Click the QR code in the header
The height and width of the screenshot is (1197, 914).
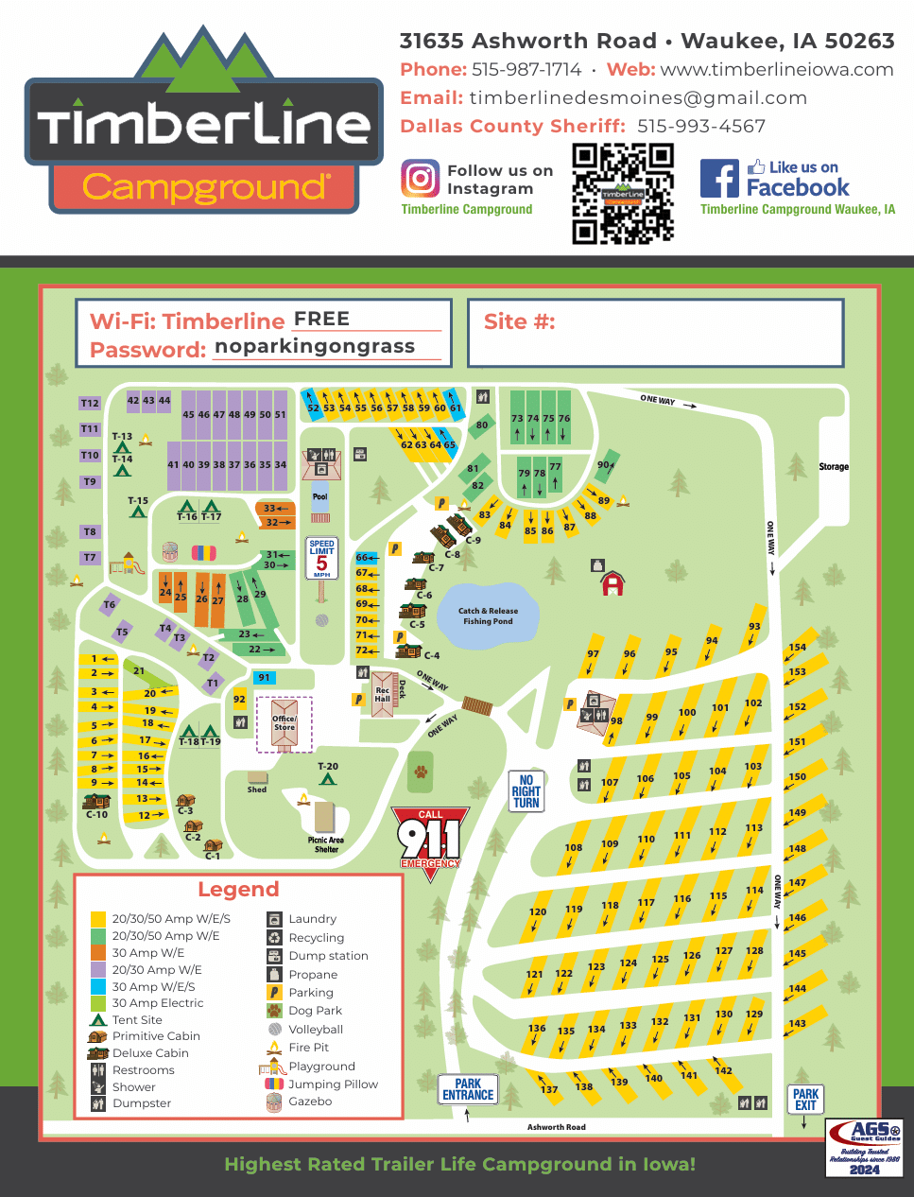(623, 194)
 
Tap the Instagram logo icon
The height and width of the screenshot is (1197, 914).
(420, 179)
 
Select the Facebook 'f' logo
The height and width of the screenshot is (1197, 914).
(719, 179)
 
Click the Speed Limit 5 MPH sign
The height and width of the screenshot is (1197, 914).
(321, 558)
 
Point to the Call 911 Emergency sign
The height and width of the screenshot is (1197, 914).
(430, 841)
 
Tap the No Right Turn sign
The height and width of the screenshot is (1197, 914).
(526, 792)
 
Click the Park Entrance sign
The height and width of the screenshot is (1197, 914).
(468, 1089)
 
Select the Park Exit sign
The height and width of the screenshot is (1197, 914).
(805, 1100)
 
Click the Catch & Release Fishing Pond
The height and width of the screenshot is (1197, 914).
(488, 616)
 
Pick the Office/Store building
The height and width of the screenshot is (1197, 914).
(285, 724)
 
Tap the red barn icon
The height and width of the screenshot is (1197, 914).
(612, 584)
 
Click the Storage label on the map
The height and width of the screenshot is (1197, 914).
(833, 466)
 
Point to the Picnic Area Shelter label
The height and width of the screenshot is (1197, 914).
(326, 844)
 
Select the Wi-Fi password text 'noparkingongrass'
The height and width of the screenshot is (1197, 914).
(315, 346)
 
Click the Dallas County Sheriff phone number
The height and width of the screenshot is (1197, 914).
(700, 126)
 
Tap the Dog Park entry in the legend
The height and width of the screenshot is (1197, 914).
(315, 1011)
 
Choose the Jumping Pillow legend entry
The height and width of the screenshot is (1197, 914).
(332, 1084)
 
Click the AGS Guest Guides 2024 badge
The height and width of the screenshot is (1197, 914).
(864, 1148)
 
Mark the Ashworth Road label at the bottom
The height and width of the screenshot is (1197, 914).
(556, 1127)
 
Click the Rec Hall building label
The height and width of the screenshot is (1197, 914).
(382, 695)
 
